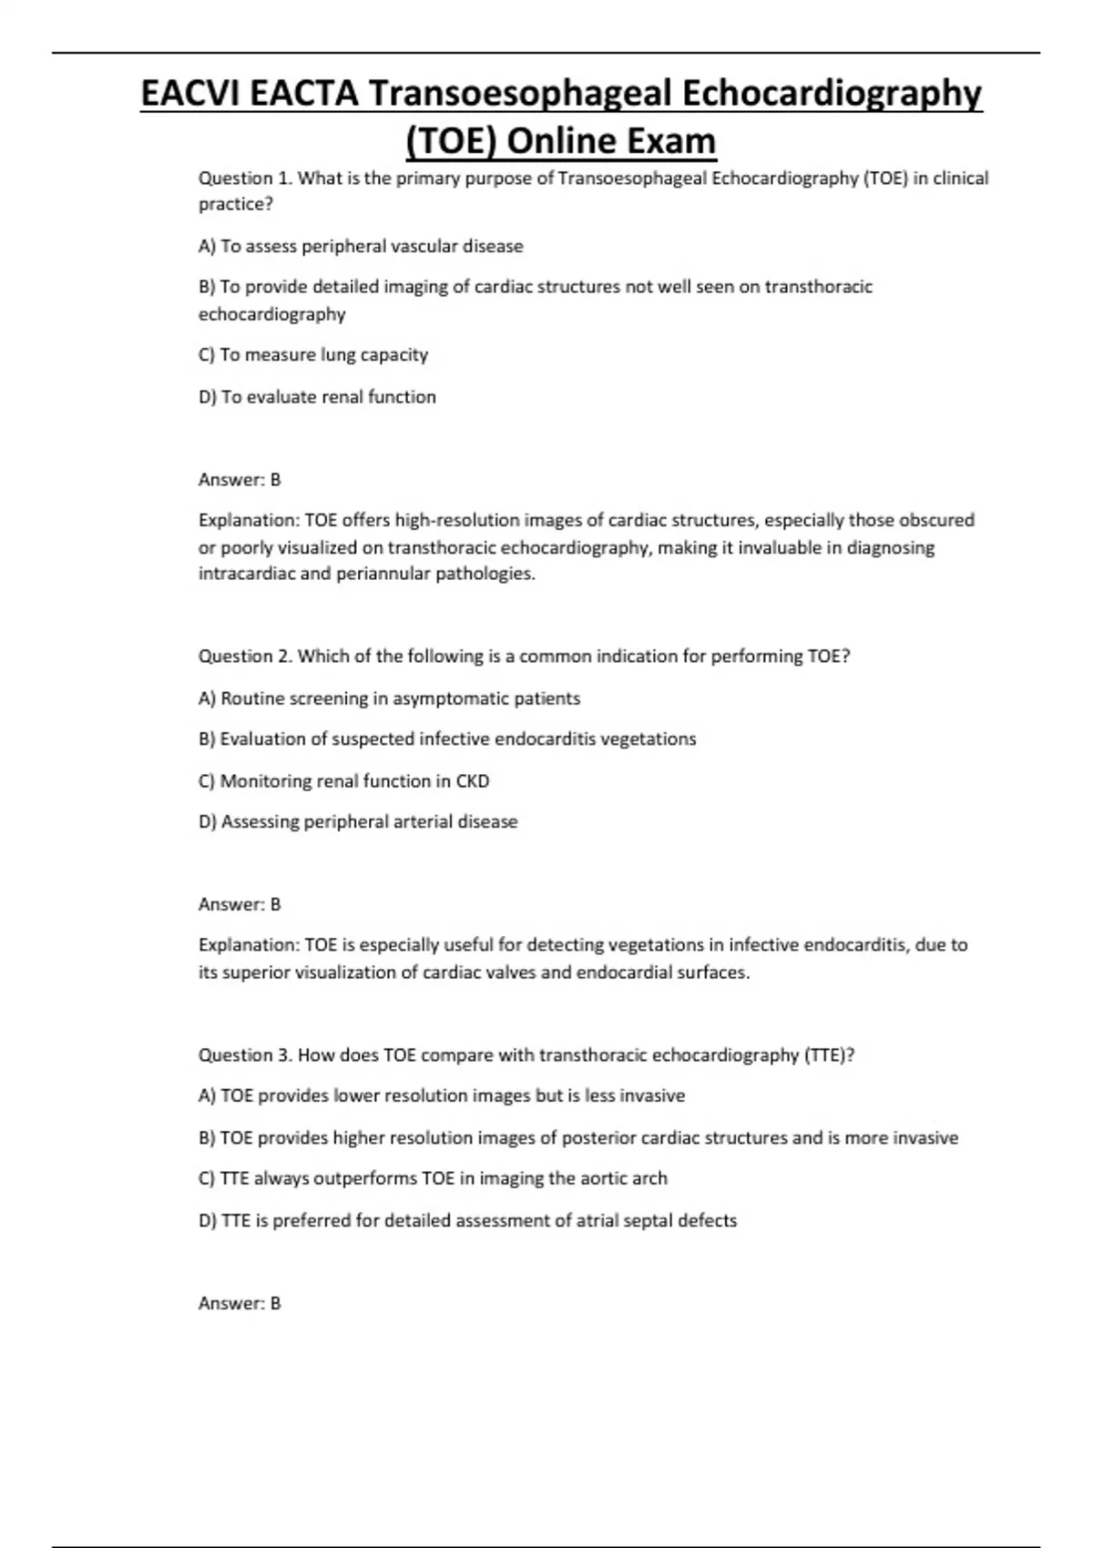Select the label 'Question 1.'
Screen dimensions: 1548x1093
(x=245, y=178)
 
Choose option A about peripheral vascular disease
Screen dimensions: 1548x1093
(x=361, y=246)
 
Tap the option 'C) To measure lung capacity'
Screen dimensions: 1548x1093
(x=312, y=355)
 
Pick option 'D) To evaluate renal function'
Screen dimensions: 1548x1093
(x=317, y=397)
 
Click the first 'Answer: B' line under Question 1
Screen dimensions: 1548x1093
(x=240, y=480)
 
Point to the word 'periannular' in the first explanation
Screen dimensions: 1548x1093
(x=383, y=574)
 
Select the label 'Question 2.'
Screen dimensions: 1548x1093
(x=245, y=657)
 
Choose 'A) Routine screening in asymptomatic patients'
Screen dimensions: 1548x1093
(x=389, y=698)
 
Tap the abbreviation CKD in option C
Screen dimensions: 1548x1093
(x=472, y=781)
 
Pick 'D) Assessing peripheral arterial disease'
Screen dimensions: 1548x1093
(x=358, y=821)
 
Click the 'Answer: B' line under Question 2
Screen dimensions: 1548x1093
(x=240, y=904)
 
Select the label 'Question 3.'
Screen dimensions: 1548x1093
(x=245, y=1055)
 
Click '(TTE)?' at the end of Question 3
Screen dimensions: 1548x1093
(x=828, y=1055)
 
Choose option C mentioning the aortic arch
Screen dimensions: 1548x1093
(x=433, y=1178)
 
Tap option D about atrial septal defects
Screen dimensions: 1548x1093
(x=467, y=1220)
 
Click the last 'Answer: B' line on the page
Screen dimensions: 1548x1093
(x=240, y=1303)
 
